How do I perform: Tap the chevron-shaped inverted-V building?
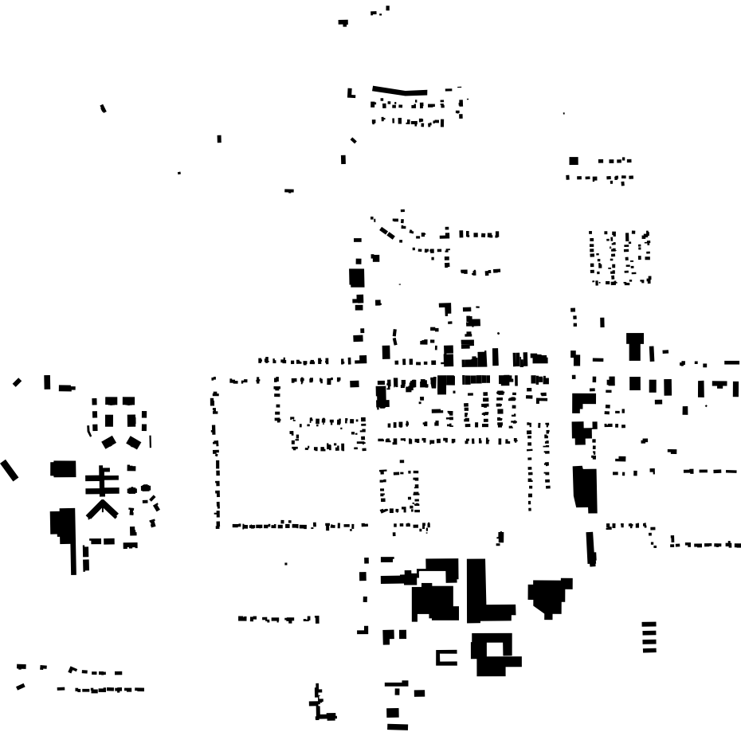click(x=102, y=507)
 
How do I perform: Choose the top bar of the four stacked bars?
click(x=649, y=624)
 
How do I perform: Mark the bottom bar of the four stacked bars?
click(x=649, y=650)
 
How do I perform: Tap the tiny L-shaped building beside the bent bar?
click(x=351, y=94)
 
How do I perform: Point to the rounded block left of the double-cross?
click(x=63, y=468)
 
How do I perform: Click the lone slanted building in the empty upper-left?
click(x=103, y=108)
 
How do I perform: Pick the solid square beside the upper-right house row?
click(x=573, y=161)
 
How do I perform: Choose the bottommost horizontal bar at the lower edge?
click(x=397, y=726)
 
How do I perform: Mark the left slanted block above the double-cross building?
click(x=109, y=440)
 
